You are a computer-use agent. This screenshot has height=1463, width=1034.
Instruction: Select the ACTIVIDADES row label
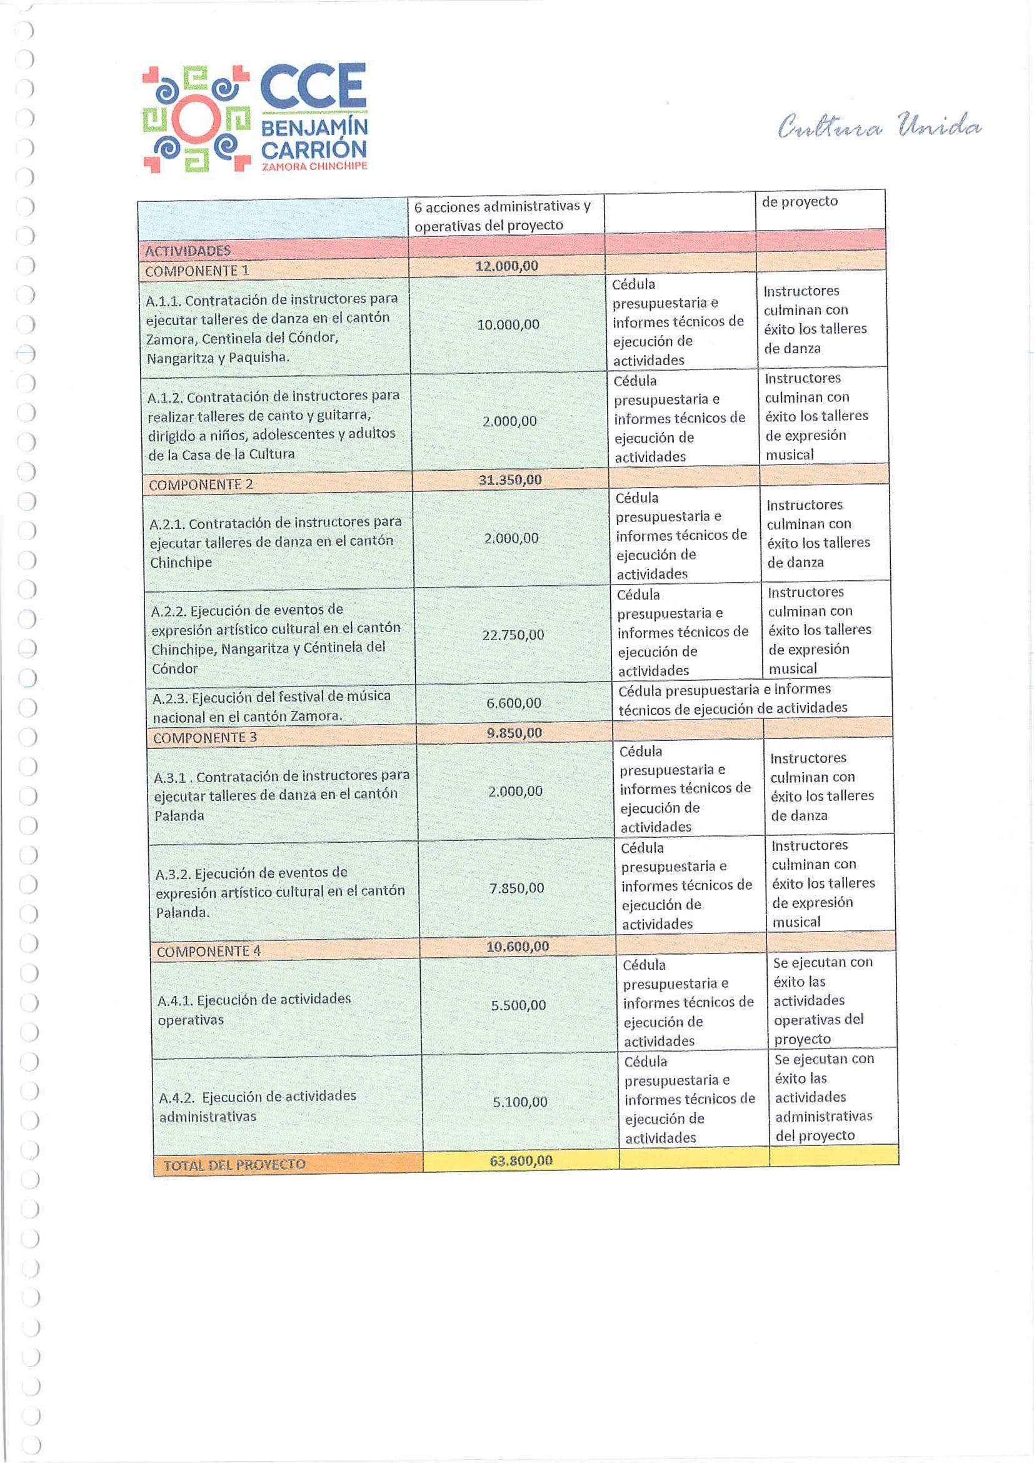(x=188, y=251)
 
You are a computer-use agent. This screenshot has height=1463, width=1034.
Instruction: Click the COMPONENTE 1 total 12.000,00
(x=506, y=266)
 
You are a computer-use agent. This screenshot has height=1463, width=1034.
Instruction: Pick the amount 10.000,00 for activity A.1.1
(x=508, y=324)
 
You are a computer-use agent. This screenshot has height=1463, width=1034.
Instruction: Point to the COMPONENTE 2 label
(x=201, y=485)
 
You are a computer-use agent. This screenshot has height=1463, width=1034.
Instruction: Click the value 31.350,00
(x=509, y=480)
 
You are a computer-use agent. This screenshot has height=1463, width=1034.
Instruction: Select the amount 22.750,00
(x=513, y=635)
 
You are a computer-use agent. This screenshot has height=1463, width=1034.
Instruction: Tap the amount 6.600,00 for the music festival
(x=513, y=703)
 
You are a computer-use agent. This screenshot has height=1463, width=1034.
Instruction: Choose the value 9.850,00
(x=514, y=733)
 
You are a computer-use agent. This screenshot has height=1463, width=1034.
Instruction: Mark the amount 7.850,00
(x=516, y=888)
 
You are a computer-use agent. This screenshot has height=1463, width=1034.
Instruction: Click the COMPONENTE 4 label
(x=208, y=952)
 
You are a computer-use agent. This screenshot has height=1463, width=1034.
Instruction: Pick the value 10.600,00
(x=518, y=947)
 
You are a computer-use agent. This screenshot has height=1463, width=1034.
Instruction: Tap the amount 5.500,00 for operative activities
(x=518, y=1005)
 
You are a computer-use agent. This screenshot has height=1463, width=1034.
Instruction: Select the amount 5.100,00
(x=520, y=1102)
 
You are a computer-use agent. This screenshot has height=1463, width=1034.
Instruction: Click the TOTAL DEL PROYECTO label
(x=234, y=1165)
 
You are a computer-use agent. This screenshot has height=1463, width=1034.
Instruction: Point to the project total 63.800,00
(x=521, y=1160)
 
